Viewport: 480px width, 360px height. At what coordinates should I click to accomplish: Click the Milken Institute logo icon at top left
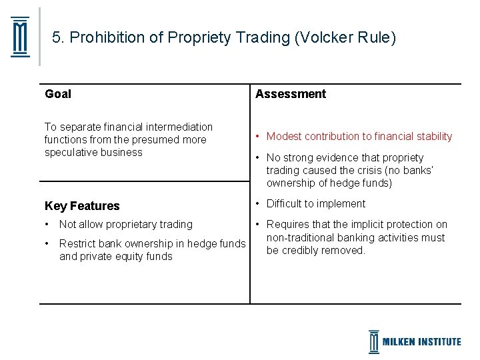[x=21, y=37]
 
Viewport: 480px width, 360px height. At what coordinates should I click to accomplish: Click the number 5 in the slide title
[x=57, y=38]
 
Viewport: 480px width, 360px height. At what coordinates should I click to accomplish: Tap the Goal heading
[x=58, y=94]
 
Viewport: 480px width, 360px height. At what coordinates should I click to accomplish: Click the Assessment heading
[x=291, y=94]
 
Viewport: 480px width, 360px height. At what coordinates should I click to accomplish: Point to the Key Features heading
[x=82, y=206]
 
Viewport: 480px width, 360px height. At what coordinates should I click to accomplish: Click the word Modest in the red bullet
[x=284, y=137]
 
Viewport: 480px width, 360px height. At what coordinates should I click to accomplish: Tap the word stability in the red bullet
[x=433, y=137]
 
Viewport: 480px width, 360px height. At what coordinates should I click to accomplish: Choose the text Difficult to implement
[x=316, y=204]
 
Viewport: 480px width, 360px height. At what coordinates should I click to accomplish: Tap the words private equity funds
[x=126, y=257]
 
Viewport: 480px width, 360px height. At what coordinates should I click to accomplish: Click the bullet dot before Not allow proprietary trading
[x=47, y=225]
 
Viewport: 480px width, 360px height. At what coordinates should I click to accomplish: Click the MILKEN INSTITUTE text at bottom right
[x=421, y=342]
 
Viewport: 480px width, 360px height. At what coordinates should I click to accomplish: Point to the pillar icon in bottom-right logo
[x=374, y=341]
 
